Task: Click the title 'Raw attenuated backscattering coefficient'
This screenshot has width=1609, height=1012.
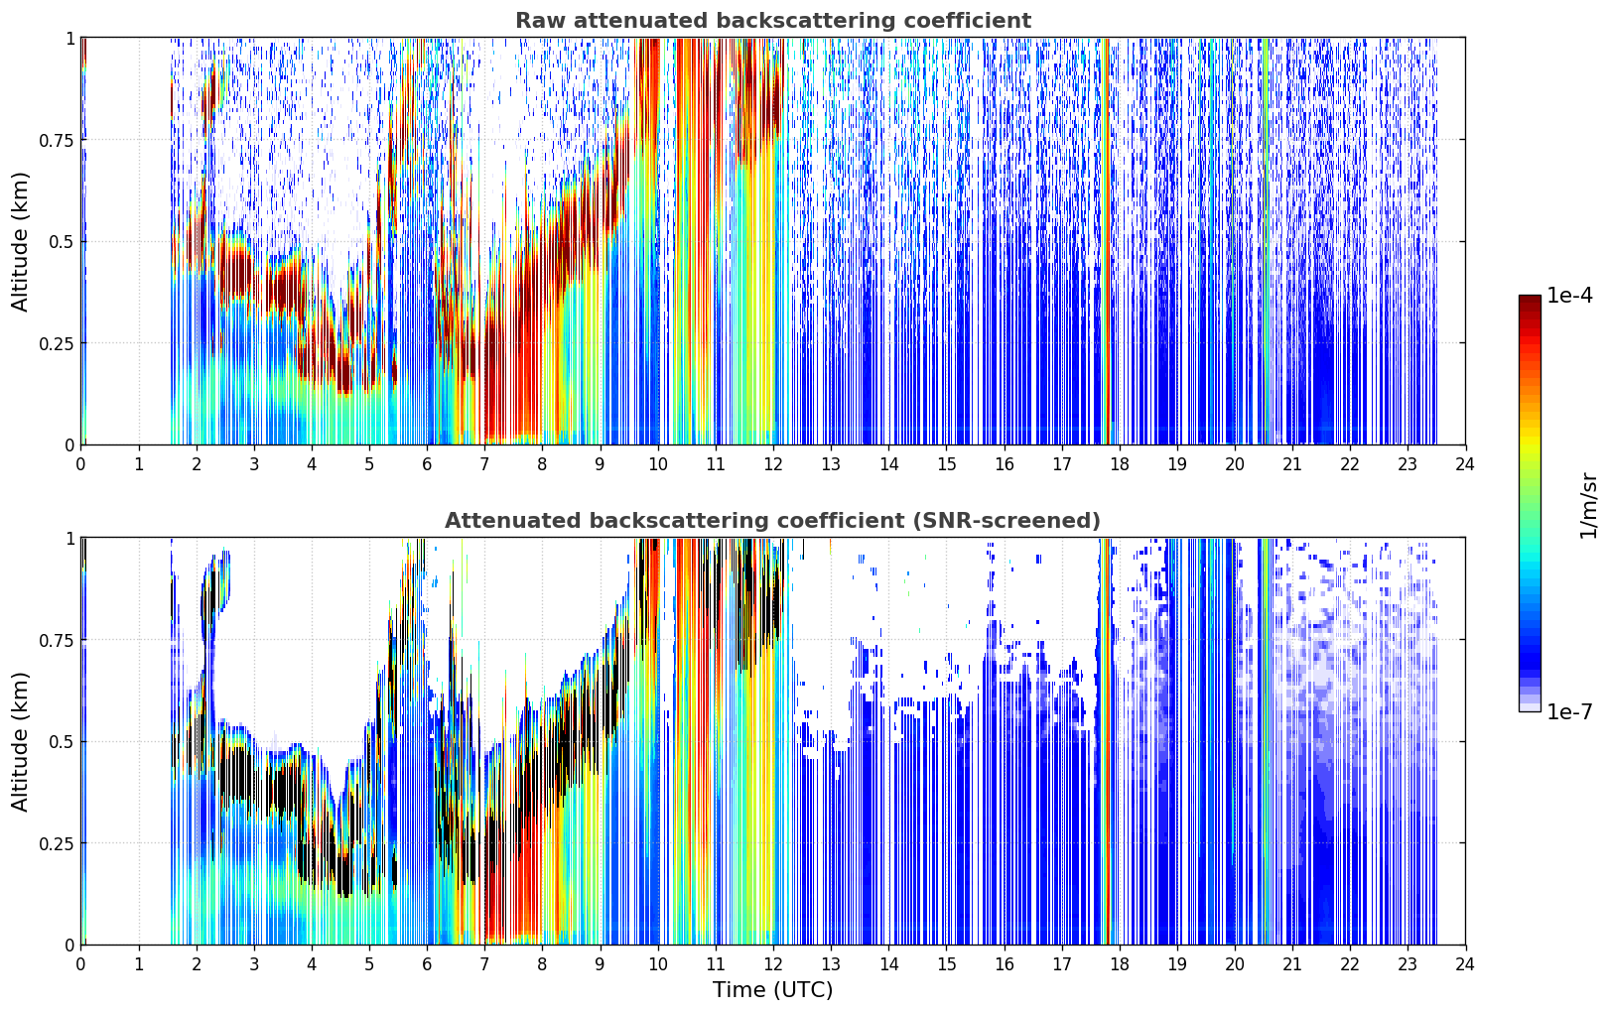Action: (773, 20)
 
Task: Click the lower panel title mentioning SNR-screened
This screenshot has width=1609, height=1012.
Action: (773, 520)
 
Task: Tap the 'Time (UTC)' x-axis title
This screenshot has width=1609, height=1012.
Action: (773, 990)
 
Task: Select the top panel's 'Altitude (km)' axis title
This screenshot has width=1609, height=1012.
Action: (20, 241)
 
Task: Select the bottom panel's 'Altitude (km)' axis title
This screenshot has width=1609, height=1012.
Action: (20, 741)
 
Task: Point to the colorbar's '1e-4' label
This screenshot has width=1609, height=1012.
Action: (1569, 295)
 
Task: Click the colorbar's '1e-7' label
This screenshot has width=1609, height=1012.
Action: (1569, 711)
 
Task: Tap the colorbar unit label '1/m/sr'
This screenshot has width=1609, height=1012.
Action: (1588, 505)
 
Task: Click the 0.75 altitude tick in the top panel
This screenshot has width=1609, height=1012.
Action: (56, 140)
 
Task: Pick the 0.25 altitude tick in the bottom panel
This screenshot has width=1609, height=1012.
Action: (56, 843)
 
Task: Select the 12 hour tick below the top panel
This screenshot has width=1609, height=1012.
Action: (773, 463)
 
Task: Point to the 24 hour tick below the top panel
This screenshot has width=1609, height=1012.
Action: (1465, 463)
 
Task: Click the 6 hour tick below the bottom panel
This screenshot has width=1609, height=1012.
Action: (427, 964)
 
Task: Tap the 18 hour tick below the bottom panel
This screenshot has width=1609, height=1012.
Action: (1119, 964)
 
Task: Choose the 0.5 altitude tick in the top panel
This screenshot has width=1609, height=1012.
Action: (62, 242)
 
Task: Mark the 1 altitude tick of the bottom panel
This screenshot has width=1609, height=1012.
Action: (70, 539)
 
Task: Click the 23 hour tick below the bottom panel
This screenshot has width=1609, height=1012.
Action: (1408, 964)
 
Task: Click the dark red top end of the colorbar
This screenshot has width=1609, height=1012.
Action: (1530, 300)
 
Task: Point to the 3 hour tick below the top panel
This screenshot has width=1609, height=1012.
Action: (253, 463)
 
